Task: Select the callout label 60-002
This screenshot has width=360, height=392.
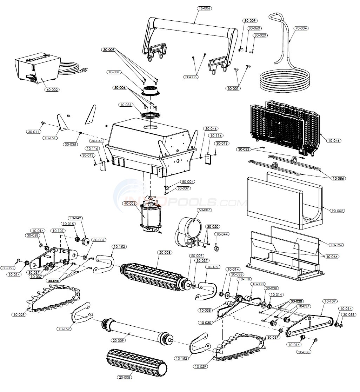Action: pos(52,89)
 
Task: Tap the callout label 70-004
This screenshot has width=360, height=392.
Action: pos(301,28)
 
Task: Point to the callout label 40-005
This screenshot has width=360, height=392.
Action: pos(130,203)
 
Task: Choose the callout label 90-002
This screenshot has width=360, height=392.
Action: pos(337,211)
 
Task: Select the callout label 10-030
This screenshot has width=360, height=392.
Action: pos(206,322)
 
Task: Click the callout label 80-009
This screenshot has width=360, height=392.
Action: pos(250,21)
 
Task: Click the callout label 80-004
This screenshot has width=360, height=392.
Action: pos(188,182)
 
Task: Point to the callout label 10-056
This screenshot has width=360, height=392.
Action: pos(338,178)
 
